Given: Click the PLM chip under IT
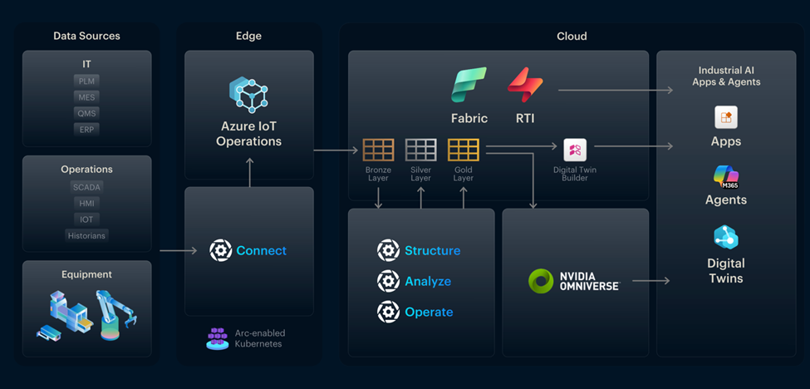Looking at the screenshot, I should coord(86,81).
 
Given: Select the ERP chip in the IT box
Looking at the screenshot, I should coord(86,129).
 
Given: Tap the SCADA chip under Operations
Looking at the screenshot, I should coord(86,187).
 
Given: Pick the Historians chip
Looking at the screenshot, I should coord(86,235).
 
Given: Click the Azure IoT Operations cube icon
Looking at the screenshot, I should coord(248,95).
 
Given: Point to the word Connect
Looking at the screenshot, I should coord(261,250).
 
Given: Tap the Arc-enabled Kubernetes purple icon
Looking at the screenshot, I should coord(218,337).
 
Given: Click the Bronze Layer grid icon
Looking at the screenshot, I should coord(378,150).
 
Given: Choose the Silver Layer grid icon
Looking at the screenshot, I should coord(420,150).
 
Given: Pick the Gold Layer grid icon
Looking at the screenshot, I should coord(463,150).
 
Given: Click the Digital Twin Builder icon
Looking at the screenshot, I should coord(575,150).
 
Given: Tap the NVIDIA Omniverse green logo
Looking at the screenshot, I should coord(542,281).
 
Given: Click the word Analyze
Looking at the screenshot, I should coord(428,281).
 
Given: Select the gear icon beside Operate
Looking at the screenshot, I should coord(388,312).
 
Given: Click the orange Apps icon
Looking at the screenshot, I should coord(726,117).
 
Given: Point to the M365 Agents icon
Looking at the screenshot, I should coord(726,175).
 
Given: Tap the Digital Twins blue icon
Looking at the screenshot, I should coord(726,238).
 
